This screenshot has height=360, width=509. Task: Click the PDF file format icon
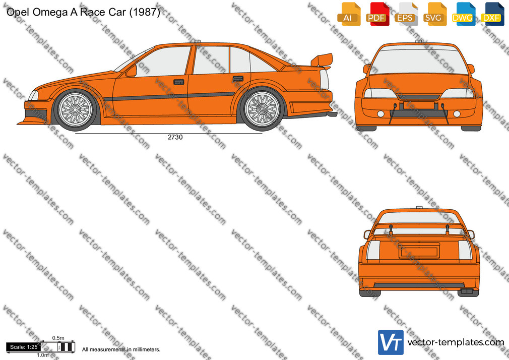pos(377,14)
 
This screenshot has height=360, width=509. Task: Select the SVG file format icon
pos(434,14)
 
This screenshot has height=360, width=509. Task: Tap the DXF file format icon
pos(492,14)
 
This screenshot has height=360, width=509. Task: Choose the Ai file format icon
pos(349,14)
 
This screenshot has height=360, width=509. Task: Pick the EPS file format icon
pos(406,14)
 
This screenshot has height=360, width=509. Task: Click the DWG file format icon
pos(464,14)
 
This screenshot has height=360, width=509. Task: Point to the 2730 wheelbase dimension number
pos(175,138)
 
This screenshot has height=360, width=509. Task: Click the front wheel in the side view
pos(75,109)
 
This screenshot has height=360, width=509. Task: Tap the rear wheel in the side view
pos(262,109)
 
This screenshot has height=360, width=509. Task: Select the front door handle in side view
pos(178,82)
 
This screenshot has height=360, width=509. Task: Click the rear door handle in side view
pos(238,79)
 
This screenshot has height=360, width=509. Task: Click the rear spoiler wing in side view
pos(322,60)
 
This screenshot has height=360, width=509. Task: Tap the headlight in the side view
pos(33,95)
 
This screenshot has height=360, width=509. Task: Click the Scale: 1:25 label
pos(24,347)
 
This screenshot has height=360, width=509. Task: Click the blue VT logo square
pos(391,342)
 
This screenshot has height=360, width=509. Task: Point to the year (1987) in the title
pos(145,12)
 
